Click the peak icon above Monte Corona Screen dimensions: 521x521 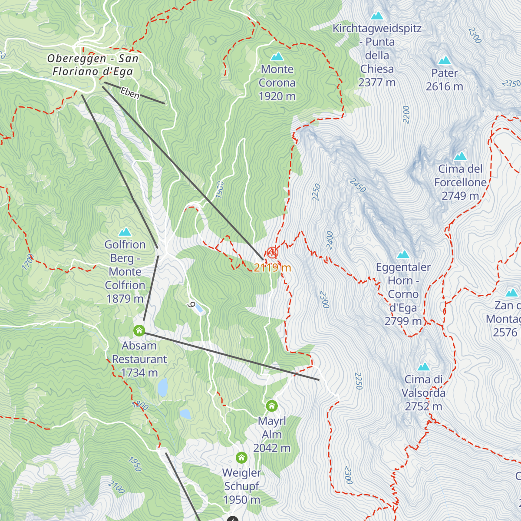click(277, 56)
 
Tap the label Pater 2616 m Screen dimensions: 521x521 click(445, 80)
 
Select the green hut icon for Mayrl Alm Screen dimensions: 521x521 click(272, 406)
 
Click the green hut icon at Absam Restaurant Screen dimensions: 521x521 click(139, 331)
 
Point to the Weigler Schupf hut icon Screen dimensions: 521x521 click(241, 458)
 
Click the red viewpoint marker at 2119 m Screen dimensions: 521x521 click(272, 252)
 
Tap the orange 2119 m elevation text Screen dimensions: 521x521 click(272, 267)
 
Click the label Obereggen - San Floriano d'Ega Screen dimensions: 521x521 click(92, 65)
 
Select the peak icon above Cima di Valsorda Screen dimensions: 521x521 click(423, 366)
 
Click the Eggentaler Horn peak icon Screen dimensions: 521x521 click(403, 254)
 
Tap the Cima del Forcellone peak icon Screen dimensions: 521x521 click(460, 156)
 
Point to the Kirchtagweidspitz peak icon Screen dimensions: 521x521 click(377, 16)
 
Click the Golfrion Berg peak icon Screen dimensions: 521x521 click(125, 232)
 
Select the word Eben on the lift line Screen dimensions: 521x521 click(130, 93)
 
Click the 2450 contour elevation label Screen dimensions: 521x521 click(358, 185)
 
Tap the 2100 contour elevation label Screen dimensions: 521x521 click(116, 487)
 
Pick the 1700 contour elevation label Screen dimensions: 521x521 click(28, 262)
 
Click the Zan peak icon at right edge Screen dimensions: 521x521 click(512, 293)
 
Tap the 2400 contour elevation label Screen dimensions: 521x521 click(330, 240)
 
